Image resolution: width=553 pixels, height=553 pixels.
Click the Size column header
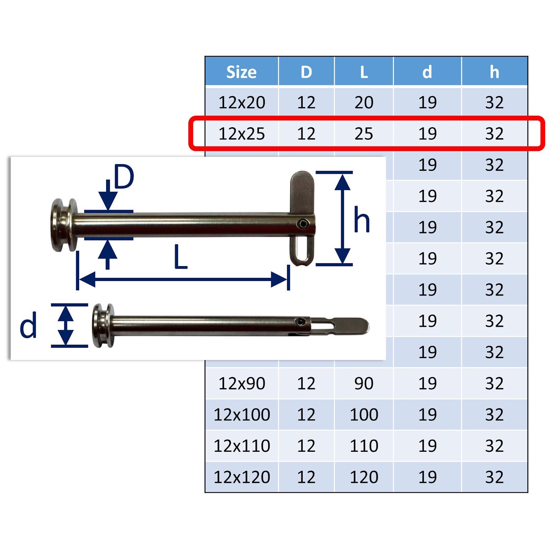click(241, 72)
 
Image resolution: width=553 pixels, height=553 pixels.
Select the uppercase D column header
click(306, 72)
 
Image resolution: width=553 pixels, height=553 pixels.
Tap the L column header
click(364, 72)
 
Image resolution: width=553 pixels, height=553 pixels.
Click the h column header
click(494, 72)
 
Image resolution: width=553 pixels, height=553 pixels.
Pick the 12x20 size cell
click(242, 103)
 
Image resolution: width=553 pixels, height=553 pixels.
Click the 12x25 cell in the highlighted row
click(242, 134)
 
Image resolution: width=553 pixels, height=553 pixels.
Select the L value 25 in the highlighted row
click(364, 134)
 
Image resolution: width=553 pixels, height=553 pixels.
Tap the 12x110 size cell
click(242, 446)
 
